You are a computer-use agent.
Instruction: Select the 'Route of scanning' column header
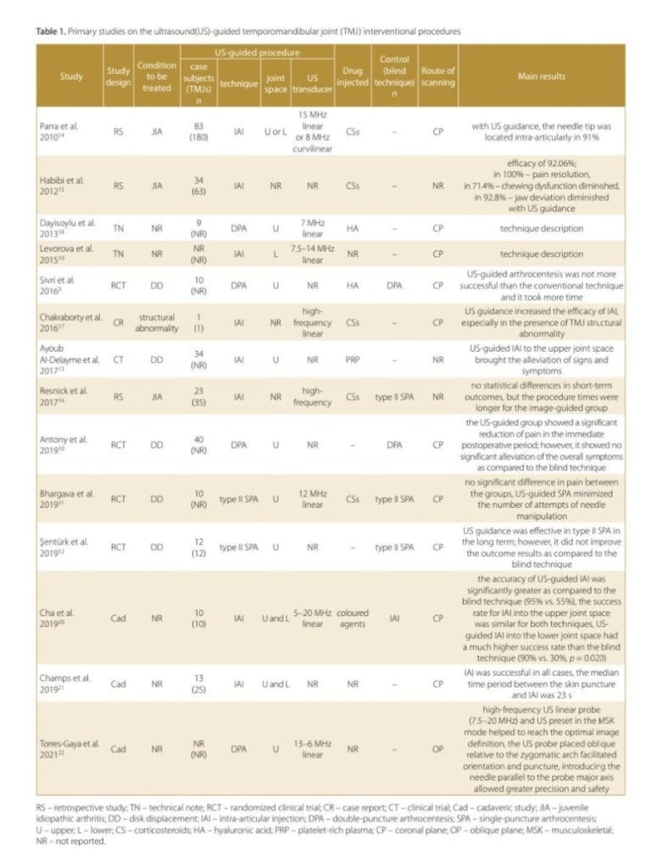point(437,76)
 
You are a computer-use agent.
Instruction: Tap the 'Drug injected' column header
point(352,76)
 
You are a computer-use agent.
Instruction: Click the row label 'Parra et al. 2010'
point(72,131)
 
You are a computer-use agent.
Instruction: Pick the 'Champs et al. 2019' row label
point(72,683)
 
